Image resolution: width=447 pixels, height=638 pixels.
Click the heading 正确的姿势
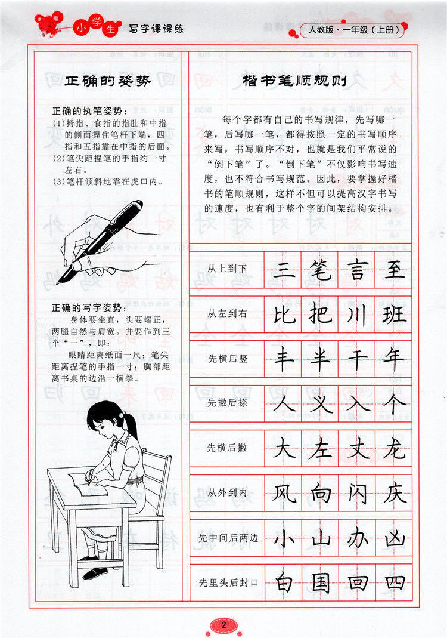coord(108,81)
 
